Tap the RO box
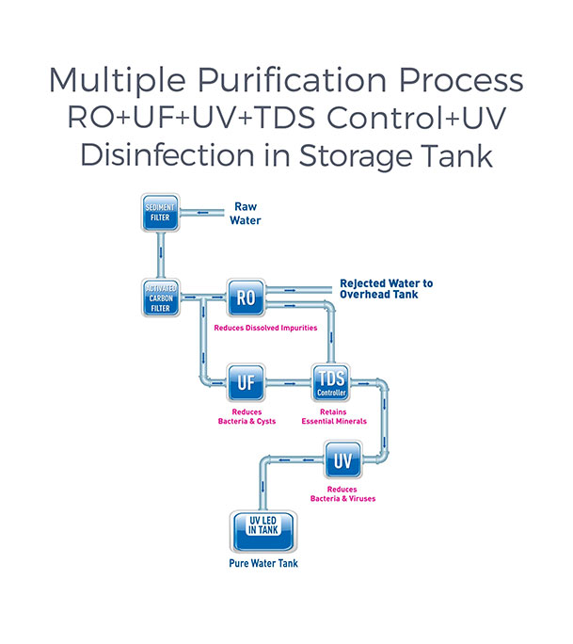(x=247, y=298)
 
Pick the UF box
(x=247, y=383)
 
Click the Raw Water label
(x=245, y=215)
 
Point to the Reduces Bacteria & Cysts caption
(x=247, y=417)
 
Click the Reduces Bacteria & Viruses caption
(x=342, y=493)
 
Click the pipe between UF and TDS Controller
(x=289, y=383)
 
